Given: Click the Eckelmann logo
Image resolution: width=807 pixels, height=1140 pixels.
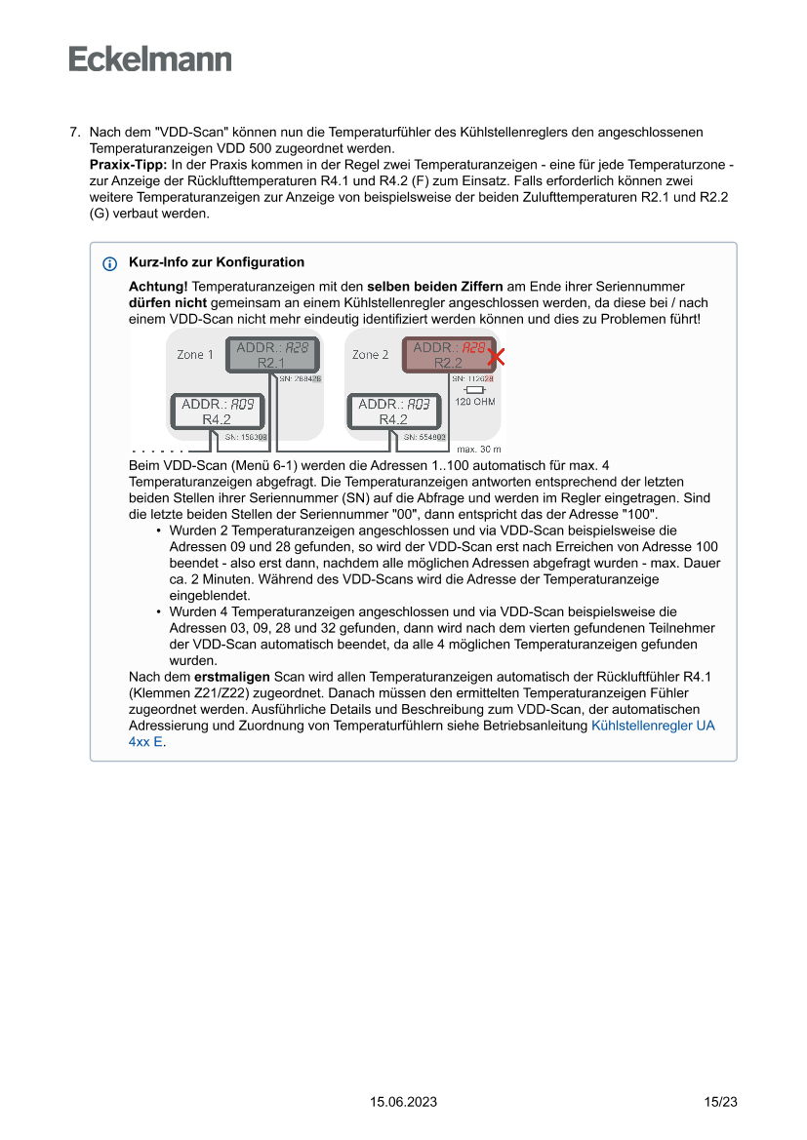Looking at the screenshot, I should tap(150, 59).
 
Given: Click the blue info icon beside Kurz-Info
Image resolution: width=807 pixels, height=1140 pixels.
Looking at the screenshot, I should tap(109, 263).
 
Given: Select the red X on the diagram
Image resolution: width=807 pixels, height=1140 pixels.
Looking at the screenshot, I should tap(496, 357).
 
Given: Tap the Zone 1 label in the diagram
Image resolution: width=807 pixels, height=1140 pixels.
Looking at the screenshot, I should tap(195, 355).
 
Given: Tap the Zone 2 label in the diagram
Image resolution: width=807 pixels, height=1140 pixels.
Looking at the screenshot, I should tap(371, 355).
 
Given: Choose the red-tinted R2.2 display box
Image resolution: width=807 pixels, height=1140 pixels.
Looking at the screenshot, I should tap(448, 355).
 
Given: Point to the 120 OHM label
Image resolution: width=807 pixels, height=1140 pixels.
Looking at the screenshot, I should tap(475, 402).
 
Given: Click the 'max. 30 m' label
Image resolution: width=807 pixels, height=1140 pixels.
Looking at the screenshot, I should tap(478, 450).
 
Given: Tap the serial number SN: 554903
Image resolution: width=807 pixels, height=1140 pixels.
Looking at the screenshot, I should tap(424, 438).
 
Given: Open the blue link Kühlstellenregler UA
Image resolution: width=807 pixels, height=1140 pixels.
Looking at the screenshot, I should tap(653, 727).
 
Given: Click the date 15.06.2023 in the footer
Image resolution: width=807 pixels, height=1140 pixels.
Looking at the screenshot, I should tap(403, 1102).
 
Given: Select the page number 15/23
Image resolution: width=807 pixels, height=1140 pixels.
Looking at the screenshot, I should tap(720, 1102).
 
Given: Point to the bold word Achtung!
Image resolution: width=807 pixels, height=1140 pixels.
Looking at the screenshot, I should tap(158, 287).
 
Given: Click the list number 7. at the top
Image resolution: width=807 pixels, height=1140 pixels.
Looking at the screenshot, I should tap(74, 132).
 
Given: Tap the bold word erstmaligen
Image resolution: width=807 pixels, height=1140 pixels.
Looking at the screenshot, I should tap(232, 676).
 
